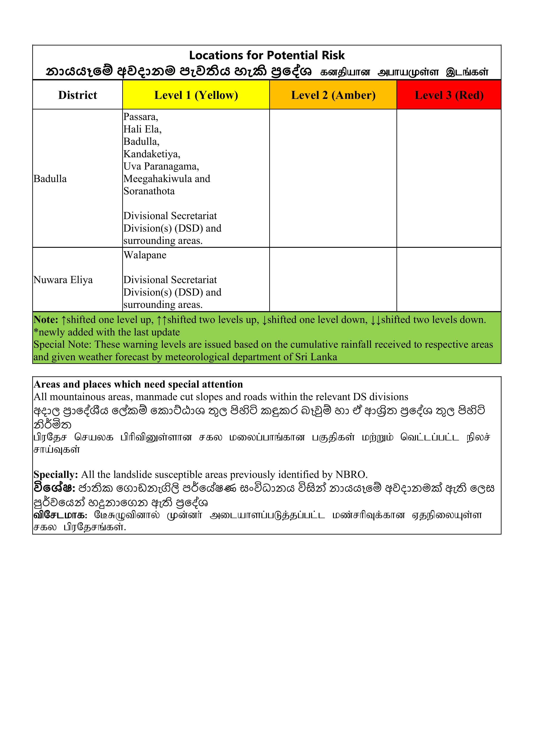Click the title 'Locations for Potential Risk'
click(x=267, y=55)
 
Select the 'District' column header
click(x=78, y=95)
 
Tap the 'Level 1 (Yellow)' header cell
click(x=196, y=95)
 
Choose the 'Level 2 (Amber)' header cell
click(x=333, y=95)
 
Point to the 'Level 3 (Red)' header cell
click(x=449, y=95)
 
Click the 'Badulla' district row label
click(x=50, y=179)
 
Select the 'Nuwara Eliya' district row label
click(x=63, y=280)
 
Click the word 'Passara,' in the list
click(x=141, y=117)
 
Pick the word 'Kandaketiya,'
click(x=152, y=154)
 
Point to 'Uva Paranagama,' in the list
click(x=161, y=167)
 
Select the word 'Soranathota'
click(x=149, y=191)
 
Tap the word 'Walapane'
click(x=145, y=255)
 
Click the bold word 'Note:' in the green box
click(x=46, y=320)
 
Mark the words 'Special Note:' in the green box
click(x=62, y=344)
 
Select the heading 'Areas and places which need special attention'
click(x=138, y=384)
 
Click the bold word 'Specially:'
click(x=56, y=474)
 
